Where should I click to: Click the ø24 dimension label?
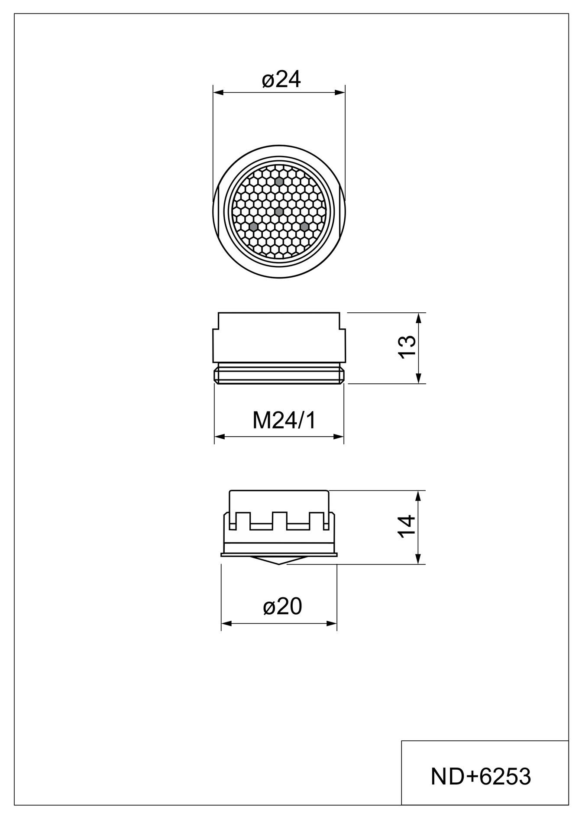281,80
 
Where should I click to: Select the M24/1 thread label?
285,420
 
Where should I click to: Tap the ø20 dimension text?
282,606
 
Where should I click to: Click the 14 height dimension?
407,527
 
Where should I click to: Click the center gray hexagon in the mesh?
279,211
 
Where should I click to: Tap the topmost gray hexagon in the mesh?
279,181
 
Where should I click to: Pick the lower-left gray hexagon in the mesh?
253,227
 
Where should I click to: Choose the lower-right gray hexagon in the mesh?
304,227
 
